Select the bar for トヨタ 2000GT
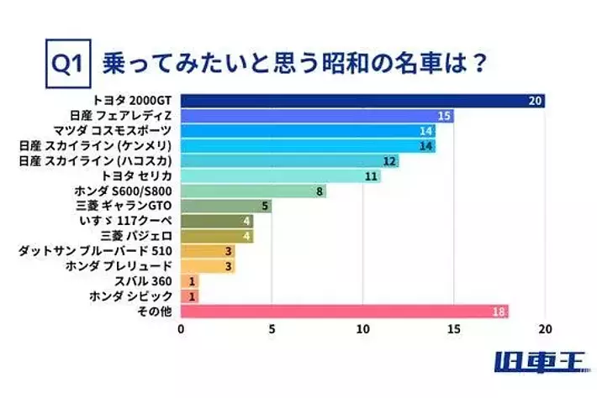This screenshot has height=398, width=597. tap(362, 101)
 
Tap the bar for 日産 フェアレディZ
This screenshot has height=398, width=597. tap(316, 116)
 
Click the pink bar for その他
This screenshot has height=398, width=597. tap(345, 312)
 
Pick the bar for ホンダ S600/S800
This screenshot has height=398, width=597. tap(252, 191)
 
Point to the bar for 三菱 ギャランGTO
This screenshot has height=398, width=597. tap(225, 206)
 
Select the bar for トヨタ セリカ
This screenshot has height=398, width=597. tap(280, 176)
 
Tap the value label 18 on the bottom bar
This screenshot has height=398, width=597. tap(499, 312)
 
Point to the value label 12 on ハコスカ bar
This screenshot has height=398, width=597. tap(389, 161)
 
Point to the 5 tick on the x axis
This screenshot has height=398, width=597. tap(272, 328)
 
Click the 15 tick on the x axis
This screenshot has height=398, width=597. tap(454, 328)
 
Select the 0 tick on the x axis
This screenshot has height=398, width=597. tap(182, 328)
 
